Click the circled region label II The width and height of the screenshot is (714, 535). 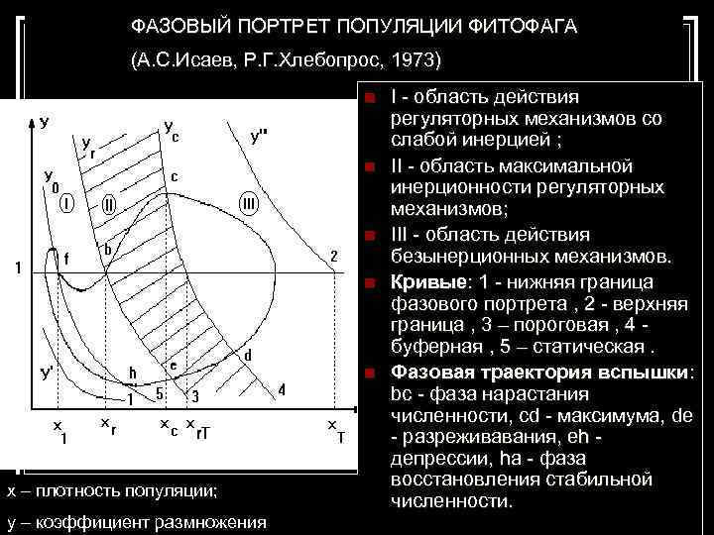[x=109, y=205]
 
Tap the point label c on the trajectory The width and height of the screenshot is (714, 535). [x=174, y=176]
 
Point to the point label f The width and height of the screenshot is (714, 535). [x=66, y=258]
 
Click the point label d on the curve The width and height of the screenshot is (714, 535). [x=247, y=354]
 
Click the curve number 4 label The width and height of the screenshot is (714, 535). [x=282, y=389]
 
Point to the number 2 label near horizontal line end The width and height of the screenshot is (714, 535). [x=334, y=255]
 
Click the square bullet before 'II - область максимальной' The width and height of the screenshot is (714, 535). [x=369, y=165]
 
